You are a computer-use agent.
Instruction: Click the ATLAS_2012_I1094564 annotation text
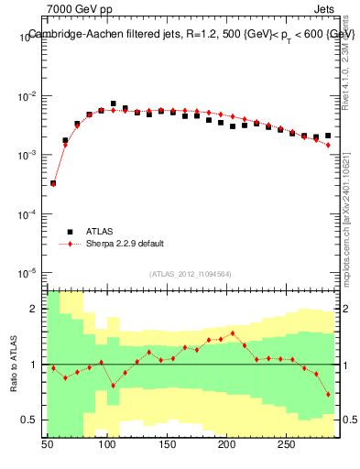point(192,274)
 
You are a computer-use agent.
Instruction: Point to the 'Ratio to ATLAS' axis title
point(14,364)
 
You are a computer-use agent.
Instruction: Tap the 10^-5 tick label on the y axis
point(28,273)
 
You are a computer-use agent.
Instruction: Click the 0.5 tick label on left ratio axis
point(30,420)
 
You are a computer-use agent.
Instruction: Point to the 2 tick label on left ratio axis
point(35,310)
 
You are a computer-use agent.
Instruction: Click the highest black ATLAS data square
point(114,104)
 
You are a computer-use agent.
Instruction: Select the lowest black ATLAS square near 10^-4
point(53,183)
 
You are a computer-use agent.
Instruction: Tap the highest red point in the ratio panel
point(233,333)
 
